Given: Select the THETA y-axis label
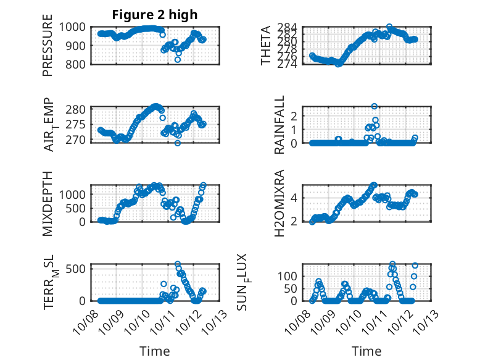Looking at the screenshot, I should pos(266,45).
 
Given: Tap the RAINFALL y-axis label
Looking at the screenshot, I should pos(279,125).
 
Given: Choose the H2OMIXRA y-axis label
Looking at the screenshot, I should pos(279,203).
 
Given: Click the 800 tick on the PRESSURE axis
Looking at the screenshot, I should pos(78,64).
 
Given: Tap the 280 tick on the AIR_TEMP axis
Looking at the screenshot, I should pos(78,110).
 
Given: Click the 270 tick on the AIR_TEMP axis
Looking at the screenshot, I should pos(78,140).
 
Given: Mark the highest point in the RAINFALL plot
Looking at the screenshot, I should pos(374,107).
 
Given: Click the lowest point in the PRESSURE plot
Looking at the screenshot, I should pos(178,59).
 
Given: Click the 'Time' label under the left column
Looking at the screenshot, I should pos(154,351).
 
